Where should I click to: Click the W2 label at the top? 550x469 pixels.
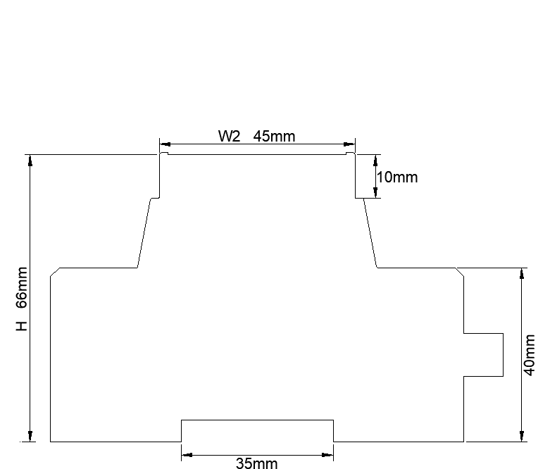tap(230, 137)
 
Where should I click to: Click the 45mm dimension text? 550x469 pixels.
tap(274, 137)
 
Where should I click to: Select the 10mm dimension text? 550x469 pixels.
tap(397, 177)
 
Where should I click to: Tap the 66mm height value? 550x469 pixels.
tap(22, 287)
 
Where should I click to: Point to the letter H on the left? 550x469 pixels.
tap(22, 325)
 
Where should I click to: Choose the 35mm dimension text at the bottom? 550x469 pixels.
tap(256, 463)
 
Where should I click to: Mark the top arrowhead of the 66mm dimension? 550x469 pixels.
tap(30, 160)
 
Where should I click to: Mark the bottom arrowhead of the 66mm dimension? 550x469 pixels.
tap(30, 436)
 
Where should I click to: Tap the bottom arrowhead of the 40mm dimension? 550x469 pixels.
tap(521, 436)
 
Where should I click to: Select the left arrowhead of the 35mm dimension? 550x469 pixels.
tap(187, 456)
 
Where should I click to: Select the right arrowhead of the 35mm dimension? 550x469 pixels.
tap(328, 456)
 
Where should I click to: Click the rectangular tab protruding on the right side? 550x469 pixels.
tap(484, 354)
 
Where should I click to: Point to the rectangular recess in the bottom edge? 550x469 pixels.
tap(257, 430)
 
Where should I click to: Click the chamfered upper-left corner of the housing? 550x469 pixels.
tap(55, 272)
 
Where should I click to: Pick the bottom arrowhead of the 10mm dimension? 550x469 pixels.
tap(375, 194)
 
